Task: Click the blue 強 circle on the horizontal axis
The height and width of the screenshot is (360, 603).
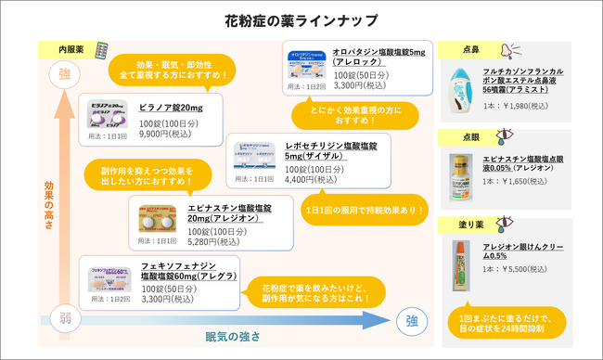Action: [x=411, y=321]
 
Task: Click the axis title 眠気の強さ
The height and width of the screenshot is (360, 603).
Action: [x=232, y=335]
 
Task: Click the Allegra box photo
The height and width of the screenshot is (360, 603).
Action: [x=109, y=280]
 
